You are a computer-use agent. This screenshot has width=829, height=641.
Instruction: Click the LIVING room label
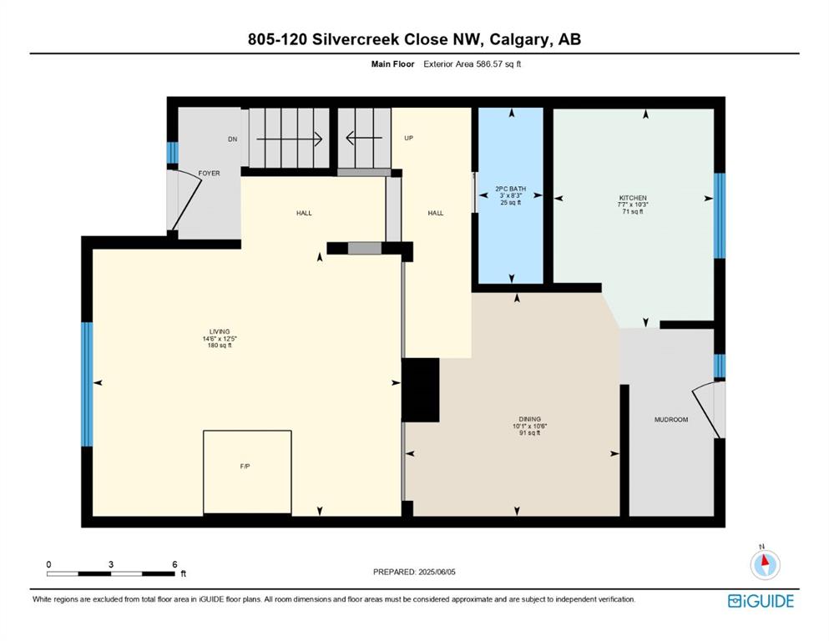pyautogui.click(x=220, y=332)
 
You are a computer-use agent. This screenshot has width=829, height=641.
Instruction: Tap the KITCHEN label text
pyautogui.click(x=633, y=198)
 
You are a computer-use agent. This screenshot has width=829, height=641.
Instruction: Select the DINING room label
pyautogui.click(x=530, y=419)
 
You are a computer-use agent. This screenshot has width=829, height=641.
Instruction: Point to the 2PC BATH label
pyautogui.click(x=511, y=189)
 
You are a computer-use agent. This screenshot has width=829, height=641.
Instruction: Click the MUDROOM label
pyautogui.click(x=671, y=420)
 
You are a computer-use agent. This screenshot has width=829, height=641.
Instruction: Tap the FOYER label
pyautogui.click(x=209, y=174)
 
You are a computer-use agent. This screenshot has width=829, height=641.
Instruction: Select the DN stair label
pyautogui.click(x=233, y=139)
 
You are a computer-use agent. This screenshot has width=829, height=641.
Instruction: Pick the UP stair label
pyautogui.click(x=409, y=138)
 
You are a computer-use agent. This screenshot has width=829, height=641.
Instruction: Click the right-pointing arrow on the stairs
pyautogui.click(x=289, y=139)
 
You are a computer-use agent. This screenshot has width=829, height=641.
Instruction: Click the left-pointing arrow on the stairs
pyautogui.click(x=364, y=139)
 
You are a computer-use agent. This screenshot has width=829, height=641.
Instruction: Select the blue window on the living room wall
pyautogui.click(x=87, y=384)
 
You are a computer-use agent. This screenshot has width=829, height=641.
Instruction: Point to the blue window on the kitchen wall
pyautogui.click(x=719, y=215)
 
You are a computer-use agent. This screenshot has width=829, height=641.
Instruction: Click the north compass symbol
pyautogui.click(x=765, y=563)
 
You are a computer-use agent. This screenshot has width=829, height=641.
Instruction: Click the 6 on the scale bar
pyautogui.click(x=174, y=564)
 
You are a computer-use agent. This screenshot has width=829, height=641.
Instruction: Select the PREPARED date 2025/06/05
pyautogui.click(x=437, y=572)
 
